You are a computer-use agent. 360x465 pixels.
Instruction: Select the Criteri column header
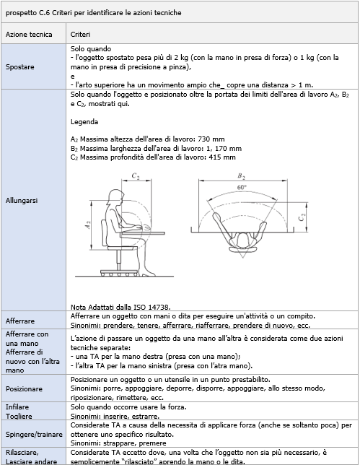click(x=80, y=35)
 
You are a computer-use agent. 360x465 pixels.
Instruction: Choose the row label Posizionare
click(x=25, y=389)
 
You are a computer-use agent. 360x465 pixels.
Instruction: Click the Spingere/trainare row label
click(x=33, y=436)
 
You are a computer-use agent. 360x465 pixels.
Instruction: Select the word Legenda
click(x=84, y=122)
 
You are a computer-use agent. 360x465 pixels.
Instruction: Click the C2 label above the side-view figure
click(x=136, y=175)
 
